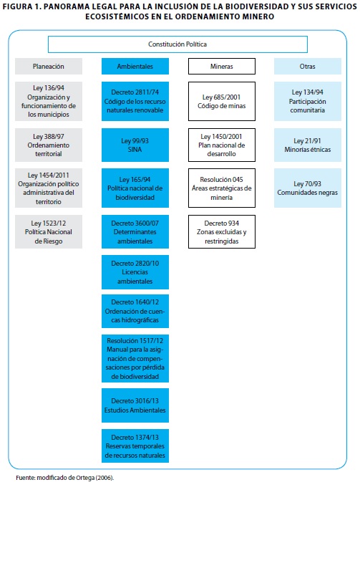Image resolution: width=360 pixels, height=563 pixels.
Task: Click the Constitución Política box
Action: tap(177, 44)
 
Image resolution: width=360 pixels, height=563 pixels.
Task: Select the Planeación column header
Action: tap(49, 67)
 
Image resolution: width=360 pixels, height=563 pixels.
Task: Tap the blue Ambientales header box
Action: tap(135, 67)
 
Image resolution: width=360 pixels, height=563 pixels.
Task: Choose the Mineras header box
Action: tap(222, 67)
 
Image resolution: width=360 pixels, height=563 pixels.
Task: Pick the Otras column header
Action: tap(308, 67)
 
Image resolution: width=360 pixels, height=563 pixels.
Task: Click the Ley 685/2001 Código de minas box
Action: tap(222, 101)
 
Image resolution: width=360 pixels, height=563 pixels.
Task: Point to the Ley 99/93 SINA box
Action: tap(135, 145)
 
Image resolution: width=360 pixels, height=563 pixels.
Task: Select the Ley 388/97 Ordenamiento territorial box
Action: tap(49, 145)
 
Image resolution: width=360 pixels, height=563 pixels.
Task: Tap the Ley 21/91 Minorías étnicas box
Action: tap(308, 145)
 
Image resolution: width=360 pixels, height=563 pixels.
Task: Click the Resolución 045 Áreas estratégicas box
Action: tap(222, 188)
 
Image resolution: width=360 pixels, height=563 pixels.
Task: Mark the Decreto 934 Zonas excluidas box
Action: tap(222, 232)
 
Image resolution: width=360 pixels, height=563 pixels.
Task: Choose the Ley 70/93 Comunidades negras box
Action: tap(308, 188)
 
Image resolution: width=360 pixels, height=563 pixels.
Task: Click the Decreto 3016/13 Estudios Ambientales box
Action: tap(135, 405)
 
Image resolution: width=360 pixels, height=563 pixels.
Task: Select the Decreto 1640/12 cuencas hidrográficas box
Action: tap(135, 312)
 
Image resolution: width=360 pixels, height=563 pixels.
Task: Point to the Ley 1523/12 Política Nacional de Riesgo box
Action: tap(49, 232)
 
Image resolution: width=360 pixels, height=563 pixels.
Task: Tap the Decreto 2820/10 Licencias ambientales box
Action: tap(135, 272)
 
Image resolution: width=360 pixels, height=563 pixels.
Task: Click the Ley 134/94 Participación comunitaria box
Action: tap(308, 101)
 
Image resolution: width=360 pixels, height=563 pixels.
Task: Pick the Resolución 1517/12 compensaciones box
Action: tap(135, 358)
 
